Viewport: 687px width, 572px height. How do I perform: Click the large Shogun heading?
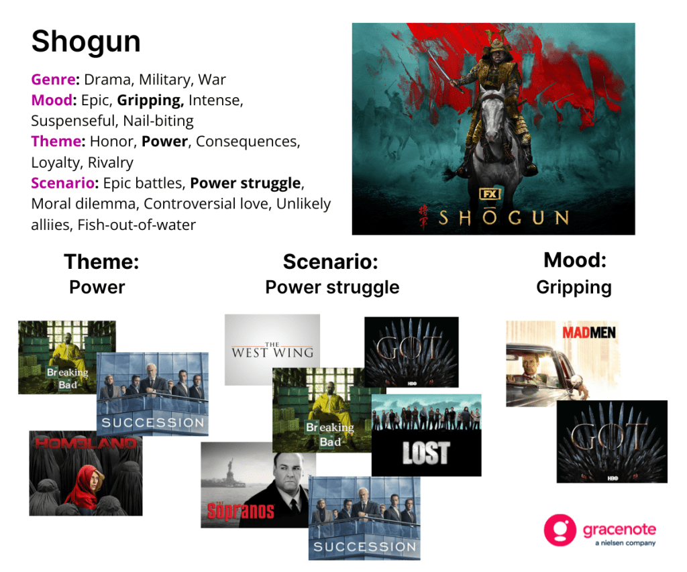click(86, 42)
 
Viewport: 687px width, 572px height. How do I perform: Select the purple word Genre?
click(54, 79)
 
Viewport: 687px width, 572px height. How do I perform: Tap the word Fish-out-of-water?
click(137, 225)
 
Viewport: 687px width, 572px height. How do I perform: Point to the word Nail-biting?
click(158, 121)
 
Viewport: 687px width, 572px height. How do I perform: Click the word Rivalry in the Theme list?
click(111, 162)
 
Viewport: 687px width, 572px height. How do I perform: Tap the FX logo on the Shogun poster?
click(489, 194)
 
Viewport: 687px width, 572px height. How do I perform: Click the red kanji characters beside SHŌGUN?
click(423, 217)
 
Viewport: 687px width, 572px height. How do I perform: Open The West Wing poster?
click(272, 349)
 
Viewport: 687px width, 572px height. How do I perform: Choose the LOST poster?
click(426, 435)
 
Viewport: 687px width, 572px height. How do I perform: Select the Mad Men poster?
click(563, 363)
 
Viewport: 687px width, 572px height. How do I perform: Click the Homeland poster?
click(86, 473)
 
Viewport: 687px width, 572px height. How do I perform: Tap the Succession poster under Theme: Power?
click(152, 394)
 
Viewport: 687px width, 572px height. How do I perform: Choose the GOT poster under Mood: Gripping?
click(612, 441)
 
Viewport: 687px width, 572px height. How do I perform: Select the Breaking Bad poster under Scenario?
click(322, 410)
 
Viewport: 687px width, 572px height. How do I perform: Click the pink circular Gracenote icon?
click(560, 530)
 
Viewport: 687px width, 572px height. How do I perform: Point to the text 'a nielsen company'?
click(625, 543)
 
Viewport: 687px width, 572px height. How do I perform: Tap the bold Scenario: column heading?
click(330, 262)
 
